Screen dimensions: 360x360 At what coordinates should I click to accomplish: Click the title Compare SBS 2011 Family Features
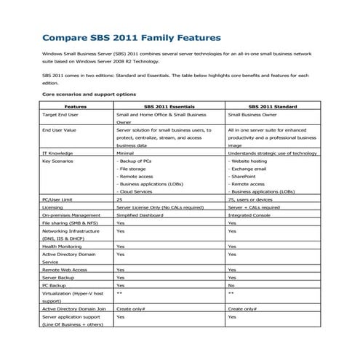pyautogui.click(x=132, y=37)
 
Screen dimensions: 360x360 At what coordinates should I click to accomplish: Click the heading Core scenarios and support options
pyautogui.click(x=88, y=94)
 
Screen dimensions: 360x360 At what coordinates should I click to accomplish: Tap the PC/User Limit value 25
pyautogui.click(x=120, y=199)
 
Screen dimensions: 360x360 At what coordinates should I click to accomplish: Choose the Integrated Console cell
pyautogui.click(x=250, y=215)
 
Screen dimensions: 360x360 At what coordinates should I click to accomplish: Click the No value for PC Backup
pyautogui.click(x=231, y=286)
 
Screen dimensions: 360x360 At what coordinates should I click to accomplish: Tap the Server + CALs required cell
pyautogui.click(x=256, y=207)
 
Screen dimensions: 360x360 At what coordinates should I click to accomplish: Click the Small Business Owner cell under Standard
pyautogui.click(x=256, y=115)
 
